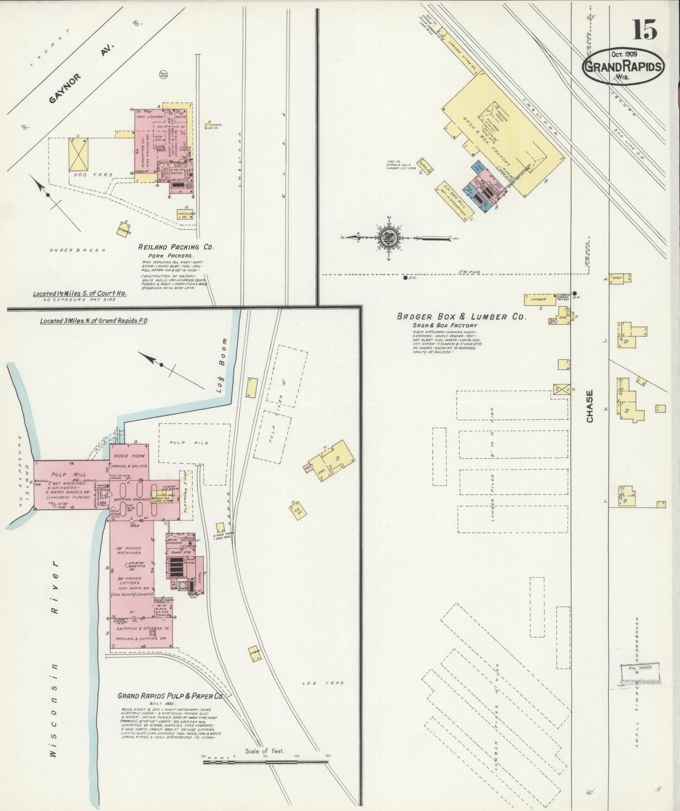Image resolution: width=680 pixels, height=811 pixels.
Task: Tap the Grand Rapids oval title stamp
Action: [x=623, y=67]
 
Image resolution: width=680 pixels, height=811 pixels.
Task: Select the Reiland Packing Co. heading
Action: [x=176, y=247]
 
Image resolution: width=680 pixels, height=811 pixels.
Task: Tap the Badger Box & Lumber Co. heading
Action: [x=461, y=317]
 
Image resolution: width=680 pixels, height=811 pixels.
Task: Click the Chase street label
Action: [x=590, y=406]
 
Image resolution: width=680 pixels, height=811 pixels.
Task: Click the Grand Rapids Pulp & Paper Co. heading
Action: [x=170, y=696]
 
